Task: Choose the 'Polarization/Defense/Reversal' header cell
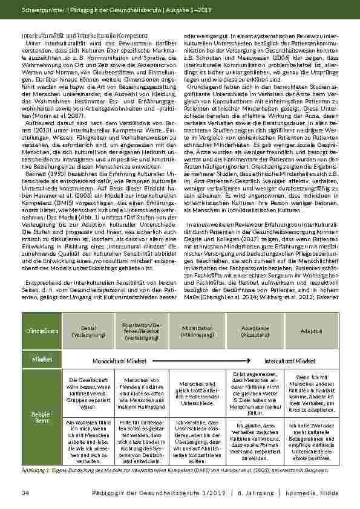point(145,331)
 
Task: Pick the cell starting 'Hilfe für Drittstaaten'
point(145,441)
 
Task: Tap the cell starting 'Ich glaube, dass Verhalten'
point(254,441)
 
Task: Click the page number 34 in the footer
point(25,494)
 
